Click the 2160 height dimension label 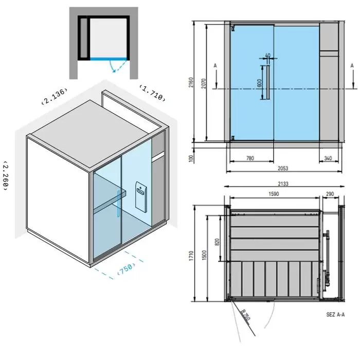191,82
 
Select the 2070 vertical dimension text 204,83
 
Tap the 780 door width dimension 250,158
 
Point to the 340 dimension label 328,158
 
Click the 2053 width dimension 283,168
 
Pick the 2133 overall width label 283,184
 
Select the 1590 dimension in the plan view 274,194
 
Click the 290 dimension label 330,194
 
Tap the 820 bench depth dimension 217,242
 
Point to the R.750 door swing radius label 246,315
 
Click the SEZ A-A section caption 335,314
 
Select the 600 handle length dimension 259,83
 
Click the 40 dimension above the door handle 268,56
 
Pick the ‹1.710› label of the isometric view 152,93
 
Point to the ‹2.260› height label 6,176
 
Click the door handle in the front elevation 268,82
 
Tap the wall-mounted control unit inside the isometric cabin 141,197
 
